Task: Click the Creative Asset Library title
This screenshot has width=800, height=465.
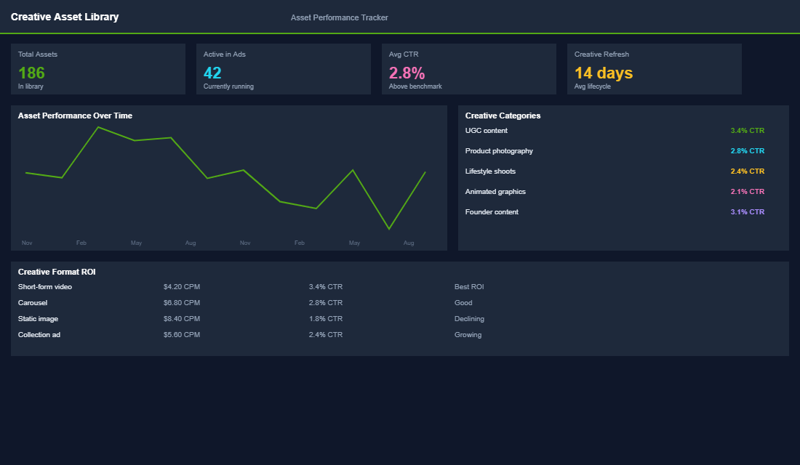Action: click(x=65, y=17)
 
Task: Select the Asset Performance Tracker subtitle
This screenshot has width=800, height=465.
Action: click(x=339, y=17)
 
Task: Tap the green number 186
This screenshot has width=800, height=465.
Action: click(x=31, y=73)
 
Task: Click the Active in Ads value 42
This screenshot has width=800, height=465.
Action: click(x=212, y=73)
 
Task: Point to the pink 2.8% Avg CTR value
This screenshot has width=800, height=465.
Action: click(x=407, y=73)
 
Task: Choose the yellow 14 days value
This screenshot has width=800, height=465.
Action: click(x=604, y=73)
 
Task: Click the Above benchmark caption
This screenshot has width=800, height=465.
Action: click(x=415, y=86)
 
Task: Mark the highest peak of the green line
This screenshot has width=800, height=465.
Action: click(x=98, y=127)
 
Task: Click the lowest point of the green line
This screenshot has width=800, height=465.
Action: click(x=389, y=229)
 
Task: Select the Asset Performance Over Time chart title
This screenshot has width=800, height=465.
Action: click(x=75, y=116)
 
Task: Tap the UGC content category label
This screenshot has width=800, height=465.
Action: click(x=487, y=131)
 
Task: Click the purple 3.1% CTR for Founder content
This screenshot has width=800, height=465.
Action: click(x=747, y=212)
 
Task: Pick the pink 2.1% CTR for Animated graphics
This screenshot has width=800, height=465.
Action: click(x=747, y=192)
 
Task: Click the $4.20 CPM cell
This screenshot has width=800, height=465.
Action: click(x=182, y=287)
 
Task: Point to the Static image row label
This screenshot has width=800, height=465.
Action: click(x=38, y=319)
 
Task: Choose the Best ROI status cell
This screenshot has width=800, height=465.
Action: click(x=469, y=287)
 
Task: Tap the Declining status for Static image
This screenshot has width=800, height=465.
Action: click(x=469, y=319)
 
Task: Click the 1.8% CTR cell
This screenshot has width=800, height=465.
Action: click(x=325, y=319)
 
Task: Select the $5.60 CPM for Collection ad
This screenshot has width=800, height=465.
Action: click(x=182, y=335)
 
